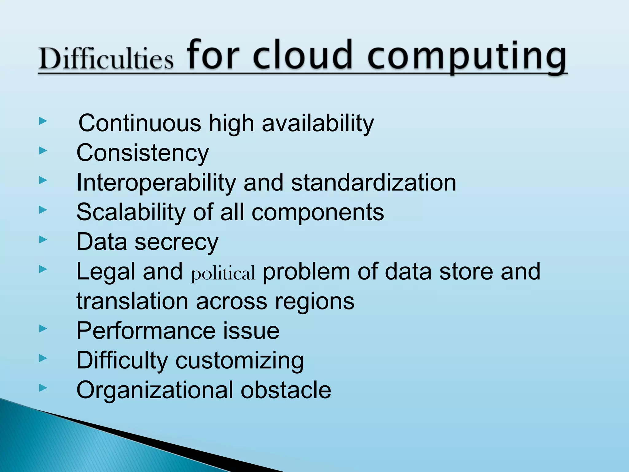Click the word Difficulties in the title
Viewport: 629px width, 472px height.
coord(106,58)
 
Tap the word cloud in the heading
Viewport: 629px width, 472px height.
coord(303,55)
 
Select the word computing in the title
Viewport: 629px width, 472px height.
coord(467,57)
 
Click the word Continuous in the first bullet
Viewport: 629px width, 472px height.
coord(140,123)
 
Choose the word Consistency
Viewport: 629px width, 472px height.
coord(143,153)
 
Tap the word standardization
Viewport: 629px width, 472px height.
coord(373,183)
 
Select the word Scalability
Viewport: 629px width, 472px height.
coord(131,212)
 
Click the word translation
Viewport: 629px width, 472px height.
coord(132,301)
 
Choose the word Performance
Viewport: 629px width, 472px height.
coord(146,331)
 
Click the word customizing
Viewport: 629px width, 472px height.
coord(239,361)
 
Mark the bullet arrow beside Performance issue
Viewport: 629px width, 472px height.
coord(43,329)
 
